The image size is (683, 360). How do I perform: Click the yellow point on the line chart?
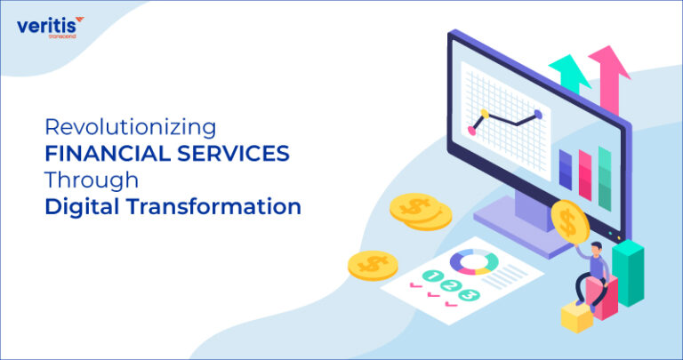(x=484, y=115)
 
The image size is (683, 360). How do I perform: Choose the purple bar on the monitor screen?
(x=566, y=169)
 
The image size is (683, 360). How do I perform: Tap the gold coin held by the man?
(x=566, y=219)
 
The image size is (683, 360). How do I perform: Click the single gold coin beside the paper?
(x=373, y=264)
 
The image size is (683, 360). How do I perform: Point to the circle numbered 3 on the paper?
(x=469, y=295)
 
